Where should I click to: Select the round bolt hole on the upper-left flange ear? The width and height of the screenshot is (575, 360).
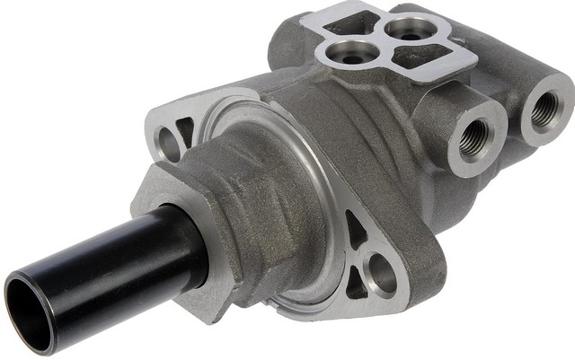tap(168, 143)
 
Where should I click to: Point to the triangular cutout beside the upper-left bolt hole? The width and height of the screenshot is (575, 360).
tap(185, 133)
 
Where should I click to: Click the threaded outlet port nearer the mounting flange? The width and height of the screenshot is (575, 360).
tap(473, 137)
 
